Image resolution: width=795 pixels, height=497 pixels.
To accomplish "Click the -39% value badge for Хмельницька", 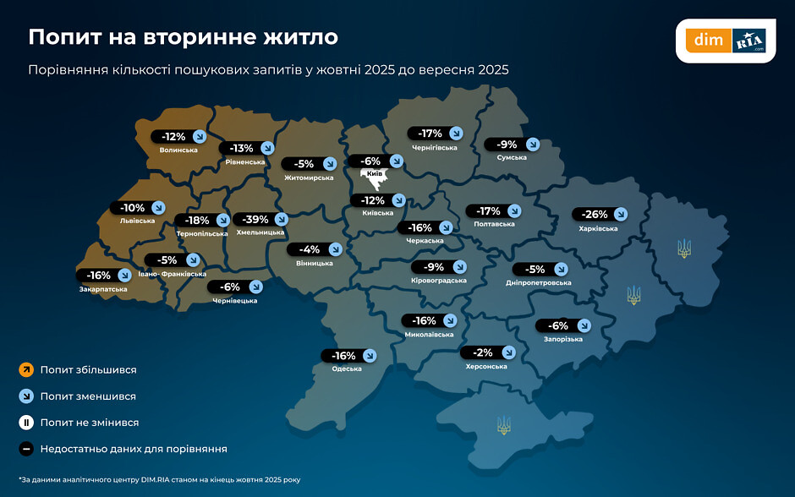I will (x=250, y=219).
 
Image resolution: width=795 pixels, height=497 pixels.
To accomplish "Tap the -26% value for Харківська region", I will (x=590, y=214).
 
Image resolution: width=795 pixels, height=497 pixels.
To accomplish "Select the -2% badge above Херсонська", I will (x=483, y=352).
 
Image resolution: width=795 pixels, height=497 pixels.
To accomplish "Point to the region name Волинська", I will (x=178, y=150).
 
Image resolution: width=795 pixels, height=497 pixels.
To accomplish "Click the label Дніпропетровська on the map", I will (x=539, y=282).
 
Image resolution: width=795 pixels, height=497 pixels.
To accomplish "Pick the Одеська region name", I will (x=347, y=369).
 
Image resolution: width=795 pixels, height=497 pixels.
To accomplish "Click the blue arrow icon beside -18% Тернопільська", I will (x=224, y=221).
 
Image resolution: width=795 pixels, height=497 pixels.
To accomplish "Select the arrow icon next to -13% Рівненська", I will (x=267, y=148).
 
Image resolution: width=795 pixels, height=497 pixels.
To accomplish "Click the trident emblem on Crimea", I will (x=503, y=424).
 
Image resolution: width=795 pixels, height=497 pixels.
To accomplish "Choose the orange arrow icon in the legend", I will (x=26, y=369).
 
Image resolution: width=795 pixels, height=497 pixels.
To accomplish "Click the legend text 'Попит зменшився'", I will (x=88, y=396).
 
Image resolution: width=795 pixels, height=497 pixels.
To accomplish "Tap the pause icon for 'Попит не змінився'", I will (x=26, y=422).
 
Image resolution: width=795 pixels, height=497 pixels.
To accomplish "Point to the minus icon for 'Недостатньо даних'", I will (x=26, y=449).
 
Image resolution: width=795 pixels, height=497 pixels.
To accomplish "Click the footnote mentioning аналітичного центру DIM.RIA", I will (x=159, y=479).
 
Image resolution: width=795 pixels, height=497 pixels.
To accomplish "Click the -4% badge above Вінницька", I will (x=310, y=249).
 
